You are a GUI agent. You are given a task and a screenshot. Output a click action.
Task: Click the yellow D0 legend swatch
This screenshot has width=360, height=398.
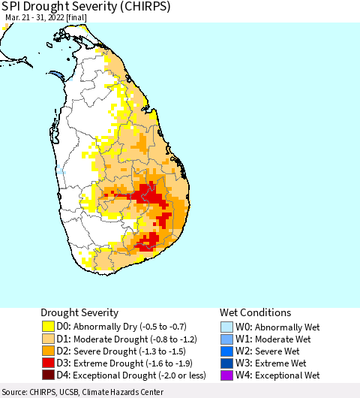(49, 327)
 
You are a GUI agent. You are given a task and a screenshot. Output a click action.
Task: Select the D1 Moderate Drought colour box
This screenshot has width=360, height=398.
(49, 339)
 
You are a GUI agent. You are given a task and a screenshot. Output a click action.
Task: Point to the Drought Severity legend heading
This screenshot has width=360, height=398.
(79, 312)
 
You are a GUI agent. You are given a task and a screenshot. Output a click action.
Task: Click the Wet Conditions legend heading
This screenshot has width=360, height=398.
(255, 312)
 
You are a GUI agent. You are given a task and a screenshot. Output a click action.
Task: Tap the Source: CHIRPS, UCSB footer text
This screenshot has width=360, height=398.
(82, 392)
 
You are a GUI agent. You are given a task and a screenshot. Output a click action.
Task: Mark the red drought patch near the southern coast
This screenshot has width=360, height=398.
(148, 240)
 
